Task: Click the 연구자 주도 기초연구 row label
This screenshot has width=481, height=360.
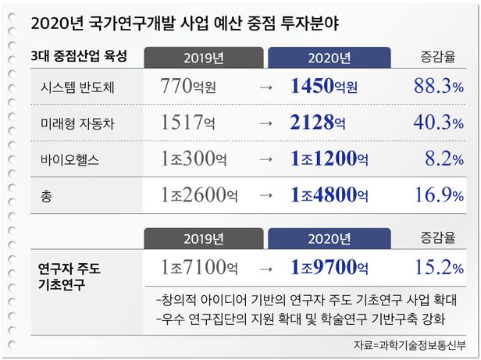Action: pos(69,276)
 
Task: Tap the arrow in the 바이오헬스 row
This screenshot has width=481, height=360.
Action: pos(265,159)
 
